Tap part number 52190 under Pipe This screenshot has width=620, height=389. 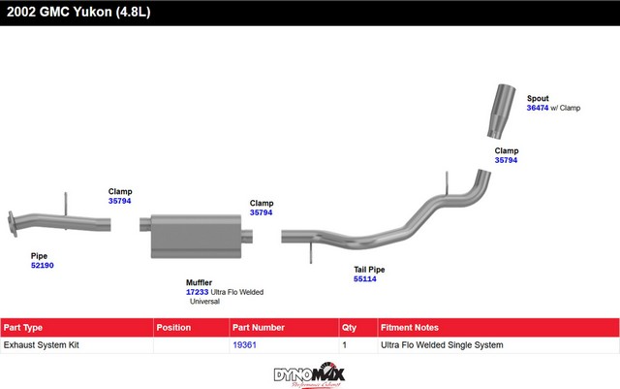click(42, 265)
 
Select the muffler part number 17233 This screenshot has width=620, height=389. click(197, 292)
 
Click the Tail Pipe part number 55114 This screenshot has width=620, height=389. click(364, 279)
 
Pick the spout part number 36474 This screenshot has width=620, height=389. click(538, 109)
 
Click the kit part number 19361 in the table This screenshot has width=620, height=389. click(244, 344)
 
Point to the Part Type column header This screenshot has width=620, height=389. click(23, 328)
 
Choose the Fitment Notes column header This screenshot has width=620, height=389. click(410, 328)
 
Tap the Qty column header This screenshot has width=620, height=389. click(350, 328)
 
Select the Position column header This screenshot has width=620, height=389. click(173, 328)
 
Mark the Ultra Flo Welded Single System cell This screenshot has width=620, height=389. click(442, 344)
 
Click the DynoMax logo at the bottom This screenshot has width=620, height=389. click(309, 373)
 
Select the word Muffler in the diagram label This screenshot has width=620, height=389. click(199, 282)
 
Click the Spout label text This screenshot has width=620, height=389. click(538, 98)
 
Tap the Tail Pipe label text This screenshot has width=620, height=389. click(369, 269)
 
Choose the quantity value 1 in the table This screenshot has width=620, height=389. click(346, 344)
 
